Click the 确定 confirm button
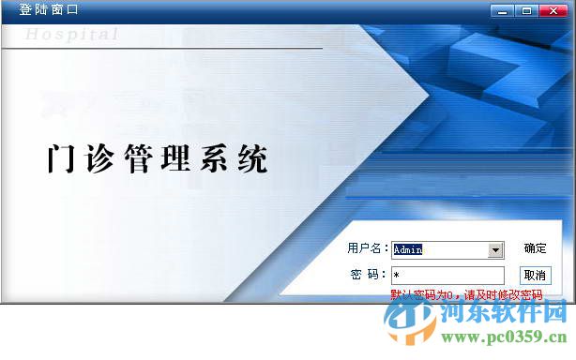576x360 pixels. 536,248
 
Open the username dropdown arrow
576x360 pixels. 496,250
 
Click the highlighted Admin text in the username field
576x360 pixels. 409,250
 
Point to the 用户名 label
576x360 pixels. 367,248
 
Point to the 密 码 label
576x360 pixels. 368,275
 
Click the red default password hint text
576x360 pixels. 466,294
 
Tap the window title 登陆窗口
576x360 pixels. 50,10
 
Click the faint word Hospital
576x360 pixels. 72,35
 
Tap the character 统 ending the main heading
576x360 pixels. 252,158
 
